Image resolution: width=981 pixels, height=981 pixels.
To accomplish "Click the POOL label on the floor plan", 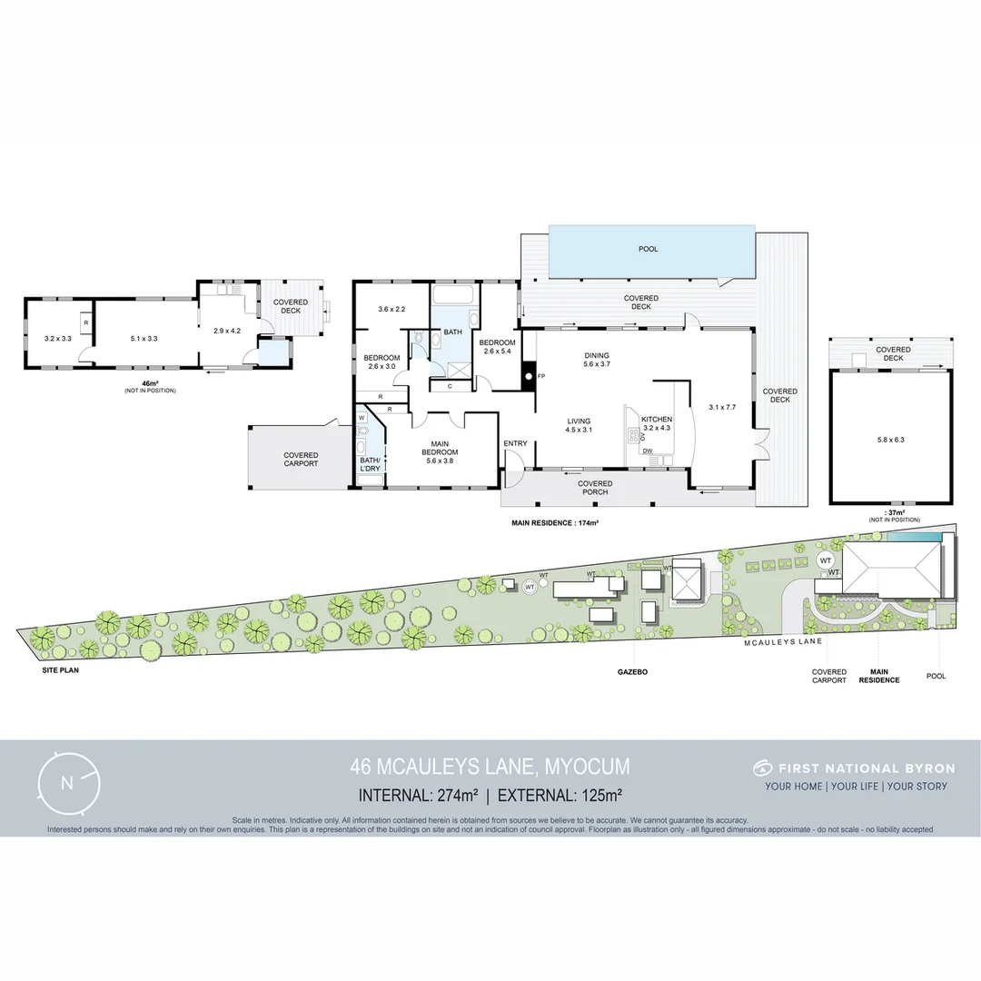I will pos(648,249).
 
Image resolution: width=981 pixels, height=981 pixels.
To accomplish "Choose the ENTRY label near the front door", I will pos(515,444).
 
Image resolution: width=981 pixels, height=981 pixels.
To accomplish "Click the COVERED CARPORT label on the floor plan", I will pos(301,460).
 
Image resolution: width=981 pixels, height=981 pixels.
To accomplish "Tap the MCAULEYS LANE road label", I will pos(782,641).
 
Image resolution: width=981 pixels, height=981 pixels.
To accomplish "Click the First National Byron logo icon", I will pos(762,768).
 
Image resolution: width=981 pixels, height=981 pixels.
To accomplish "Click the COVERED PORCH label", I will pos(595,488).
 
